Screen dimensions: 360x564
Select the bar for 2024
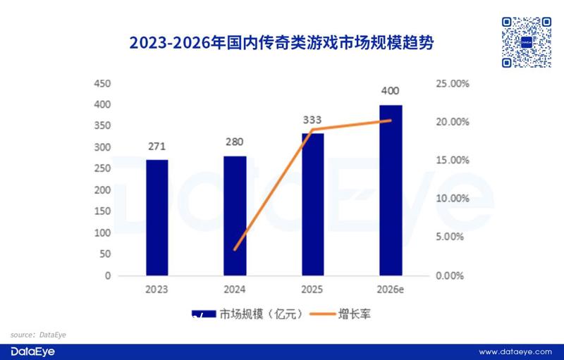[x=235, y=215]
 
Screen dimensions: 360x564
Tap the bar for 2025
[x=312, y=204]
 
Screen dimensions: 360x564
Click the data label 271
[x=157, y=147]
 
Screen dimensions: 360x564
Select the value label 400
[x=390, y=91]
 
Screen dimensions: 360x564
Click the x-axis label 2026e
[x=390, y=290]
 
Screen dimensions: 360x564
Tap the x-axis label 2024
[x=235, y=290]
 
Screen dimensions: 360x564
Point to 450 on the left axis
[x=103, y=83]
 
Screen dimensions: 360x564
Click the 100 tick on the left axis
[x=103, y=233]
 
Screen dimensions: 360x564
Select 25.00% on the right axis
[x=452, y=83]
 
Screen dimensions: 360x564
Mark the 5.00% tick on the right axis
[x=452, y=237]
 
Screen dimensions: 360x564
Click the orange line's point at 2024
[x=235, y=249]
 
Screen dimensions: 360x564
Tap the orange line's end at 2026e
[x=390, y=120]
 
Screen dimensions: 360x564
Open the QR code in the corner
[x=527, y=42]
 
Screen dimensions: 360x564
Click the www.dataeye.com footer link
[x=514, y=352]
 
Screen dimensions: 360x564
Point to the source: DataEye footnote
[x=38, y=334]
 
